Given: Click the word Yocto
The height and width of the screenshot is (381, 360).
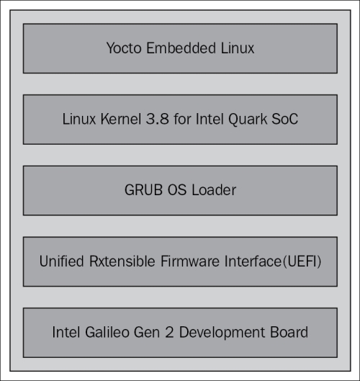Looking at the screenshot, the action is pyautogui.click(x=124, y=48).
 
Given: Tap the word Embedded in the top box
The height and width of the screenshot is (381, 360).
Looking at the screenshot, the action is pyautogui.click(x=181, y=48).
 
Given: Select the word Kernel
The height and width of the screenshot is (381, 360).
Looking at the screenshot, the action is pyautogui.click(x=121, y=119).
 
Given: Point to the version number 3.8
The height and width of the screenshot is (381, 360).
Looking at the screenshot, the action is pyautogui.click(x=158, y=119).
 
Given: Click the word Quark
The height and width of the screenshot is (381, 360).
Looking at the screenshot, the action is pyautogui.click(x=248, y=120).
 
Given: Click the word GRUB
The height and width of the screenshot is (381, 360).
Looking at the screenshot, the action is pyautogui.click(x=143, y=190).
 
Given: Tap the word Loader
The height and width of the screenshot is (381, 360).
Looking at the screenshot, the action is pyautogui.click(x=214, y=190).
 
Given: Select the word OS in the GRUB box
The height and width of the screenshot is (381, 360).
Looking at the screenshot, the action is pyautogui.click(x=177, y=190).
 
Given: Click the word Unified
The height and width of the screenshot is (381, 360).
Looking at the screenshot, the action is pyautogui.click(x=61, y=261).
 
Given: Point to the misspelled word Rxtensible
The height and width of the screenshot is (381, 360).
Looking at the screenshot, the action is pyautogui.click(x=122, y=261).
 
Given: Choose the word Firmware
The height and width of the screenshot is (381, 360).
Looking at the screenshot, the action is pyautogui.click(x=190, y=261).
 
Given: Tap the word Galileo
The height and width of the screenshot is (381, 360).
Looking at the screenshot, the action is pyautogui.click(x=107, y=332).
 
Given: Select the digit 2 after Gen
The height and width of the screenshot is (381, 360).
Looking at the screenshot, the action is pyautogui.click(x=169, y=332).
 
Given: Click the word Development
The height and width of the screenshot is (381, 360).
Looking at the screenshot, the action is pyautogui.click(x=222, y=333).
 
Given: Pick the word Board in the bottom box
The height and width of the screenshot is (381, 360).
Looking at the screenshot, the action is pyautogui.click(x=289, y=332).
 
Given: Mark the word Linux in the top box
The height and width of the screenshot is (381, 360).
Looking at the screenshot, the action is pyautogui.click(x=238, y=48).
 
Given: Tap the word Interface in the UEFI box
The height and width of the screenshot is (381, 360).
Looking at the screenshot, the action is pyautogui.click(x=253, y=261).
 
